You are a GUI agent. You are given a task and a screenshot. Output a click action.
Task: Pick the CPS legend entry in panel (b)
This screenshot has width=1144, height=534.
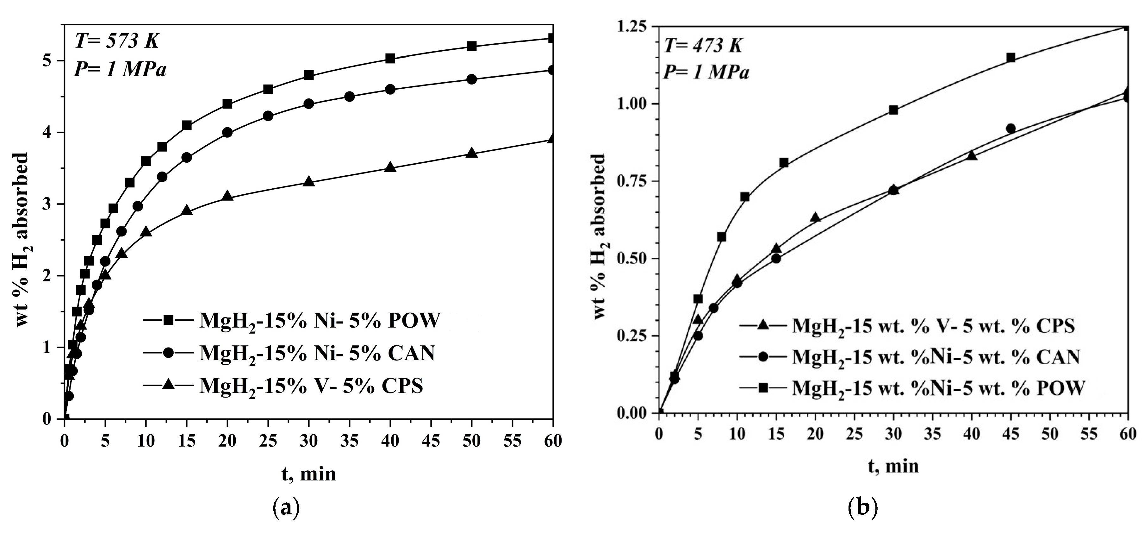(x=911, y=326)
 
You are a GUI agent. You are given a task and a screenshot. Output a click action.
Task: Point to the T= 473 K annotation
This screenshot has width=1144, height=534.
(x=703, y=45)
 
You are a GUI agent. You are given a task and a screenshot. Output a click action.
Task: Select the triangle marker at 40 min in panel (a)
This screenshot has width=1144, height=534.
(x=390, y=167)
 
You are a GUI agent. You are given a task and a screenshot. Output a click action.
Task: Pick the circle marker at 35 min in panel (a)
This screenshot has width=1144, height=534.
(x=350, y=97)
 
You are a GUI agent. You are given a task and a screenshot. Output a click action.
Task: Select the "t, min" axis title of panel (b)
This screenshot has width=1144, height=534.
(x=893, y=467)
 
